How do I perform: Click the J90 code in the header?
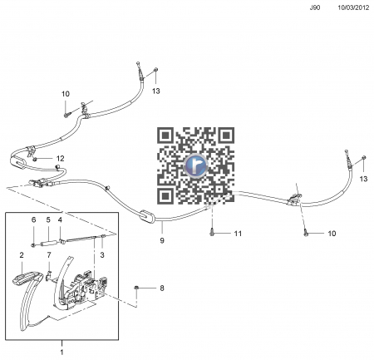pyautogui.click(x=315, y=7)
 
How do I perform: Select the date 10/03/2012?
pyautogui.click(x=353, y=7)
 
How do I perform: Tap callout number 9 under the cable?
pyautogui.click(x=162, y=240)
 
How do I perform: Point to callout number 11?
pyautogui.click(x=238, y=234)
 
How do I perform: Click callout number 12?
pyautogui.click(x=61, y=158)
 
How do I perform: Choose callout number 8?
pyautogui.click(x=162, y=288)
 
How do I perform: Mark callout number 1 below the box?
pyautogui.click(x=62, y=353)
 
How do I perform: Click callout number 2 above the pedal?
pyautogui.click(x=22, y=255)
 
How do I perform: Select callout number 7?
pyautogui.click(x=49, y=255)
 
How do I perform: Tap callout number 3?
pyautogui.click(x=102, y=254)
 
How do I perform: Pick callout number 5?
pyautogui.click(x=48, y=219)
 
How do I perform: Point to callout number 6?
pyautogui.click(x=34, y=219)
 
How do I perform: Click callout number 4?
pyautogui.click(x=60, y=219)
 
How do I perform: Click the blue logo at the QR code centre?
pyautogui.click(x=195, y=165)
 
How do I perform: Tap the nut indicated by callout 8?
pyautogui.click(x=136, y=288)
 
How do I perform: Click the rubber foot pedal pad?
pyautogui.click(x=27, y=278)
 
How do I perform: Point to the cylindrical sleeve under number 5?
pyautogui.click(x=49, y=244)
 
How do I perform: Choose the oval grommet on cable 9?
pyautogui.click(x=148, y=216)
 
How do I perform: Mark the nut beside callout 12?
pyautogui.click(x=35, y=159)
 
